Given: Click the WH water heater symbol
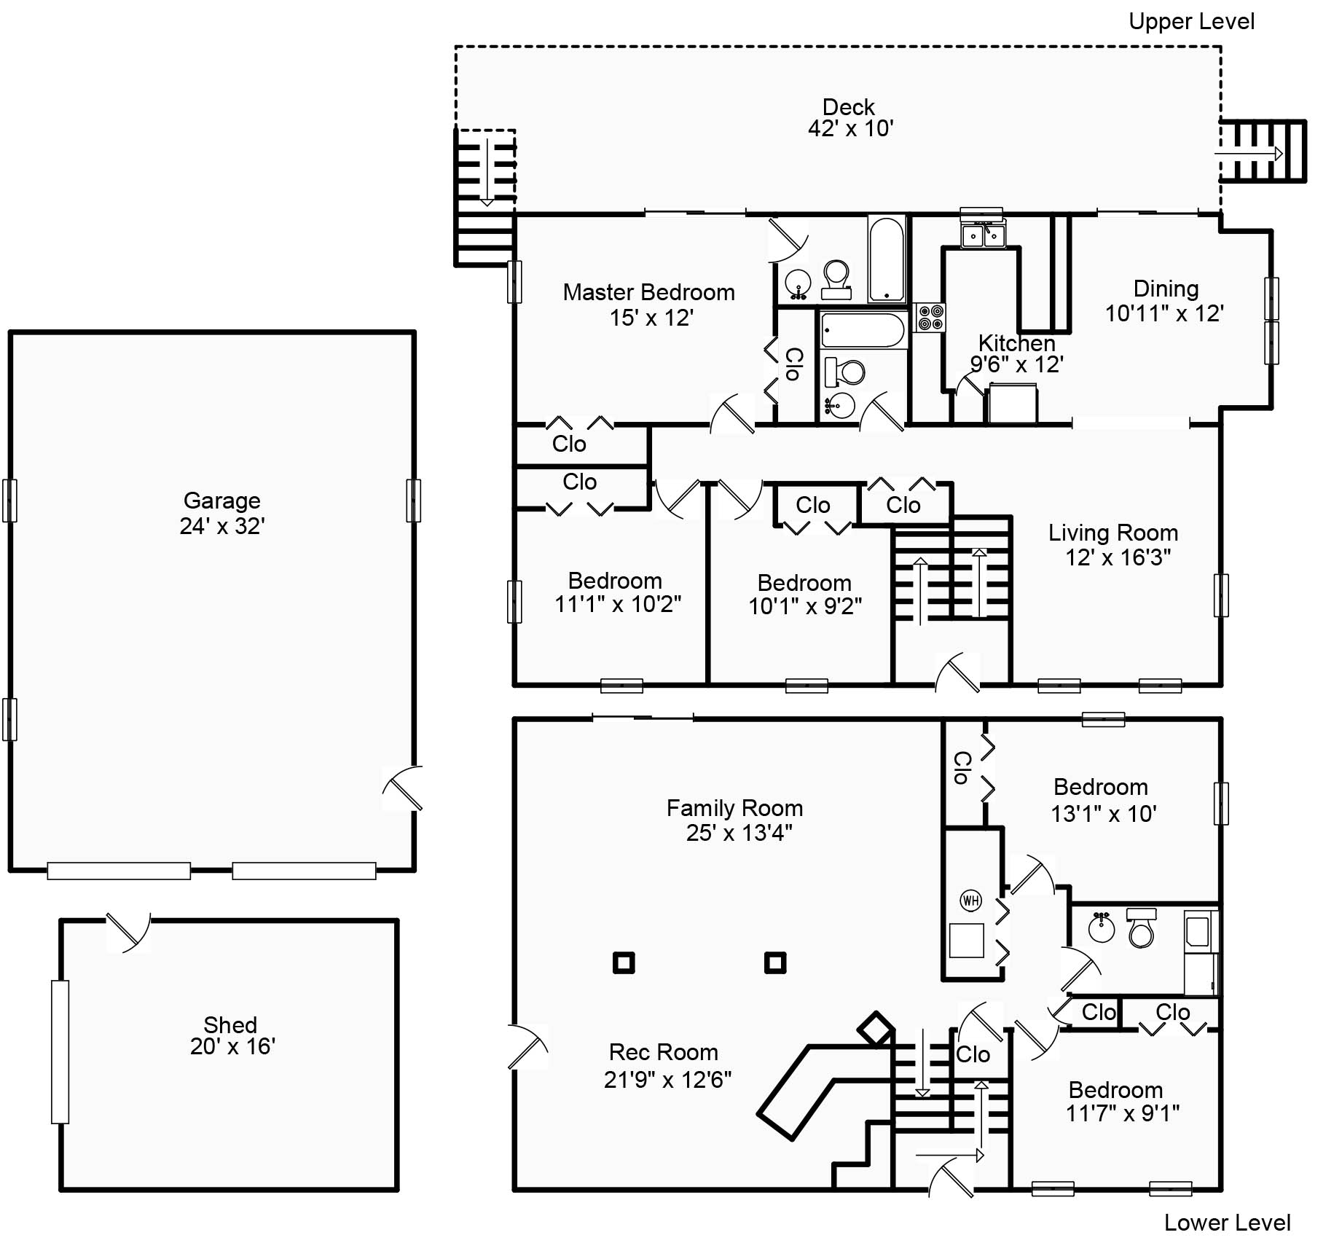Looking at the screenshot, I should (970, 901).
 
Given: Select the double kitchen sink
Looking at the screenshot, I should (983, 235).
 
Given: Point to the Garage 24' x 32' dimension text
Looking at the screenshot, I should (222, 526).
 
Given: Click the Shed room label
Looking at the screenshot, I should (230, 1024).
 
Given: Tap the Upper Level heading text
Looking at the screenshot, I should (1191, 22).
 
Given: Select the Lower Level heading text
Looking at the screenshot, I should (1227, 1223).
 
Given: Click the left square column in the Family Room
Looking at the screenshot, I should (624, 963).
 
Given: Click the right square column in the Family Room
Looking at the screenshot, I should (775, 963).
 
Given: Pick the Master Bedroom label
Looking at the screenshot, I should (648, 292).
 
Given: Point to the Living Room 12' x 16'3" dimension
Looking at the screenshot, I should (1118, 557).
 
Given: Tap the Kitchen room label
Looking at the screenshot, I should (1016, 342).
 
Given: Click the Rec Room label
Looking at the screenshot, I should (663, 1052).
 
